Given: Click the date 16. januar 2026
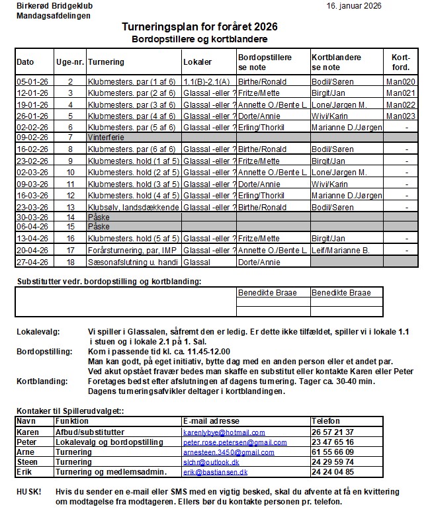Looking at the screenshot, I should pos(372,6).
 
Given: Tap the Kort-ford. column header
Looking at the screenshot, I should pos(401,62).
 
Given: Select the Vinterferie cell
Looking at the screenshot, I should pos(106,138).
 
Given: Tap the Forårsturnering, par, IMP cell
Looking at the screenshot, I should pos(133,251).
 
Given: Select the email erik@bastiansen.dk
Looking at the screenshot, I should pos(216,473).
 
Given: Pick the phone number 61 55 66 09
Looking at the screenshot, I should pos(333,452).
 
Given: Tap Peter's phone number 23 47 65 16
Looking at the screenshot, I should pos(333,442).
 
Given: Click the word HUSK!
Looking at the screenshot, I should pos(28,493).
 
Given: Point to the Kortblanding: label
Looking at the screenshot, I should pos(41,381).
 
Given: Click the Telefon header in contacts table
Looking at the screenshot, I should pos(326,421).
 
